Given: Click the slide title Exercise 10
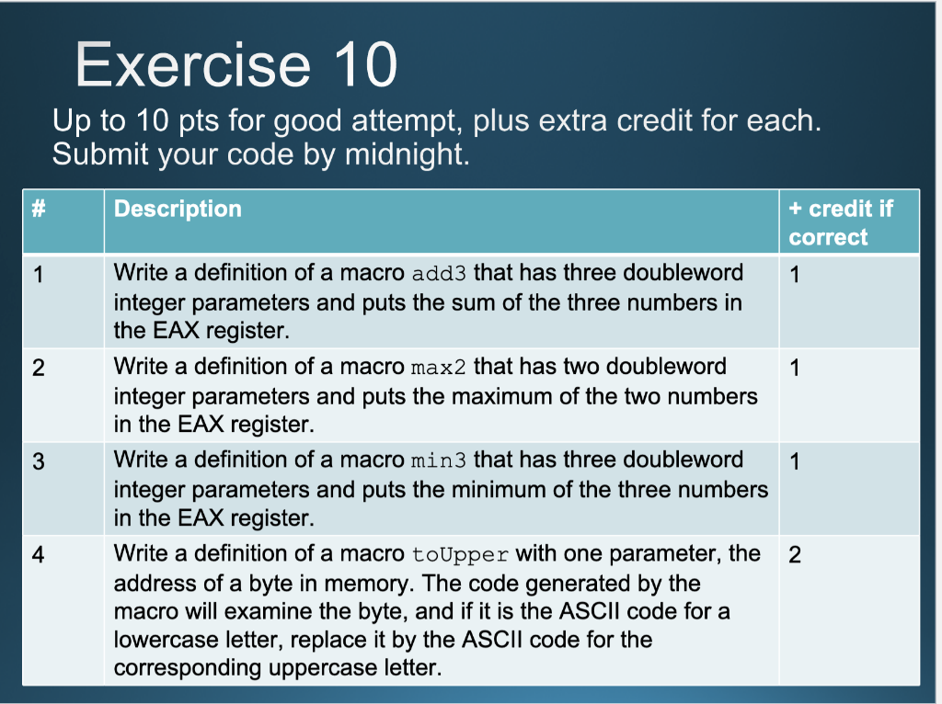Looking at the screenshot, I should point(236,64).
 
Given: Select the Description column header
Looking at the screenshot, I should point(178,209).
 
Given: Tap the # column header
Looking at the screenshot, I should point(38,209).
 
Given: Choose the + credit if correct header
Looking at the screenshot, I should point(840,222).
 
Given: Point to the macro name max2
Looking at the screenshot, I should point(439,368).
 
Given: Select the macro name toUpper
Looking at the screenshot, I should point(459,555).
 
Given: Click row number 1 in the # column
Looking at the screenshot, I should point(38,274).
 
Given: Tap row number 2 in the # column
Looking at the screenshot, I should point(38,368).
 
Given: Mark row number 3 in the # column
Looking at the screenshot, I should point(38,461).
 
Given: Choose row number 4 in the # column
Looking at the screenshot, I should point(38,555).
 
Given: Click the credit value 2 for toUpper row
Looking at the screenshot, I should point(795,555).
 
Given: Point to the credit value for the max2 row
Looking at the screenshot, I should point(795,368).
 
